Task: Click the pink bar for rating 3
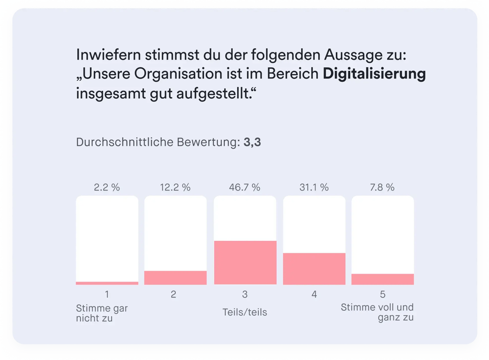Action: click(x=245, y=263)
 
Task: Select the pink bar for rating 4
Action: click(x=314, y=269)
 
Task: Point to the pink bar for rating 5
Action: click(x=383, y=279)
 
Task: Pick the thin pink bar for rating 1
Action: click(x=107, y=283)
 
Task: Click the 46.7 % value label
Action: click(x=244, y=187)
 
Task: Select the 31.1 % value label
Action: click(x=314, y=187)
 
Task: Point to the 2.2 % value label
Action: click(x=107, y=187)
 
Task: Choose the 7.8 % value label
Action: click(x=382, y=187)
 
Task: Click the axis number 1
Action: click(x=107, y=294)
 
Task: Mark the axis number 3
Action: click(x=244, y=294)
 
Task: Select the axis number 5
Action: click(x=383, y=294)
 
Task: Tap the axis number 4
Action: click(x=314, y=294)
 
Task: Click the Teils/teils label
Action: click(x=244, y=312)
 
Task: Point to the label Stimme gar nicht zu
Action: click(x=102, y=313)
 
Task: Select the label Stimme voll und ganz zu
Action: click(x=377, y=312)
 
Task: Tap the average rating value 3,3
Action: click(x=253, y=142)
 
